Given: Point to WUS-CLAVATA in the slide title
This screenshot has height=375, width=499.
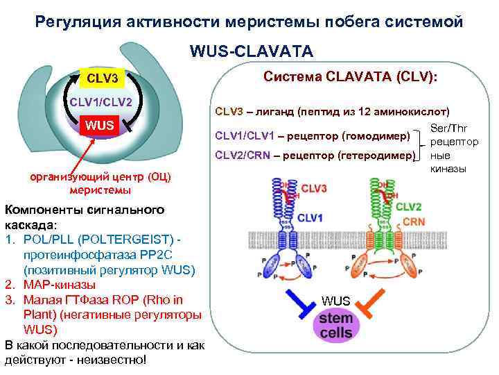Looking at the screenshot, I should coord(250,51).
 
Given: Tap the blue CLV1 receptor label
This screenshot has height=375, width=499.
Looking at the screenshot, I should coord(309,218).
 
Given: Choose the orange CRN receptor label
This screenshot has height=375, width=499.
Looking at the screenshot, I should coord(413,221).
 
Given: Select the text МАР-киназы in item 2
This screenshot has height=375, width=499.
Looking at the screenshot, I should coord(60,284).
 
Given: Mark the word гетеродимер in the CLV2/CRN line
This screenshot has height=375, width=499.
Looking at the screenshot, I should coord(380,155).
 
